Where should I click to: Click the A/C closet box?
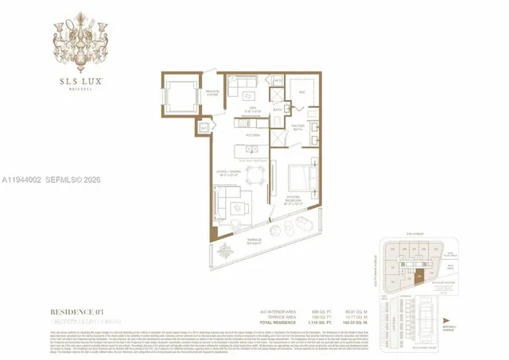(x=204, y=127)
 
